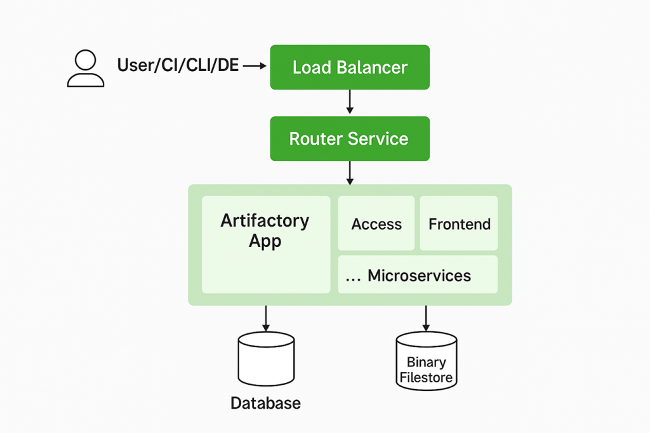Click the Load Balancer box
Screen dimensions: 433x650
pyautogui.click(x=350, y=67)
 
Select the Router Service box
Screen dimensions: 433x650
pyautogui.click(x=350, y=138)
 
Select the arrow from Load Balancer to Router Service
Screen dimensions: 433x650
pyautogui.click(x=350, y=102)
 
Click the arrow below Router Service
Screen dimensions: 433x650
pyautogui.click(x=350, y=173)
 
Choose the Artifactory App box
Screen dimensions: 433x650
pyautogui.click(x=266, y=244)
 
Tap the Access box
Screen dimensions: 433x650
pyautogui.click(x=376, y=223)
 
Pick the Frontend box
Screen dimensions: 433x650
pyautogui.click(x=459, y=223)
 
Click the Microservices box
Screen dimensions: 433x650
pyautogui.click(x=418, y=275)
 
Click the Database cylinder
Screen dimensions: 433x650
pyautogui.click(x=266, y=359)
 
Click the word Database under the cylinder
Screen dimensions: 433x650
pyautogui.click(x=265, y=403)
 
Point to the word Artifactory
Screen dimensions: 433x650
pyautogui.click(x=265, y=221)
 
